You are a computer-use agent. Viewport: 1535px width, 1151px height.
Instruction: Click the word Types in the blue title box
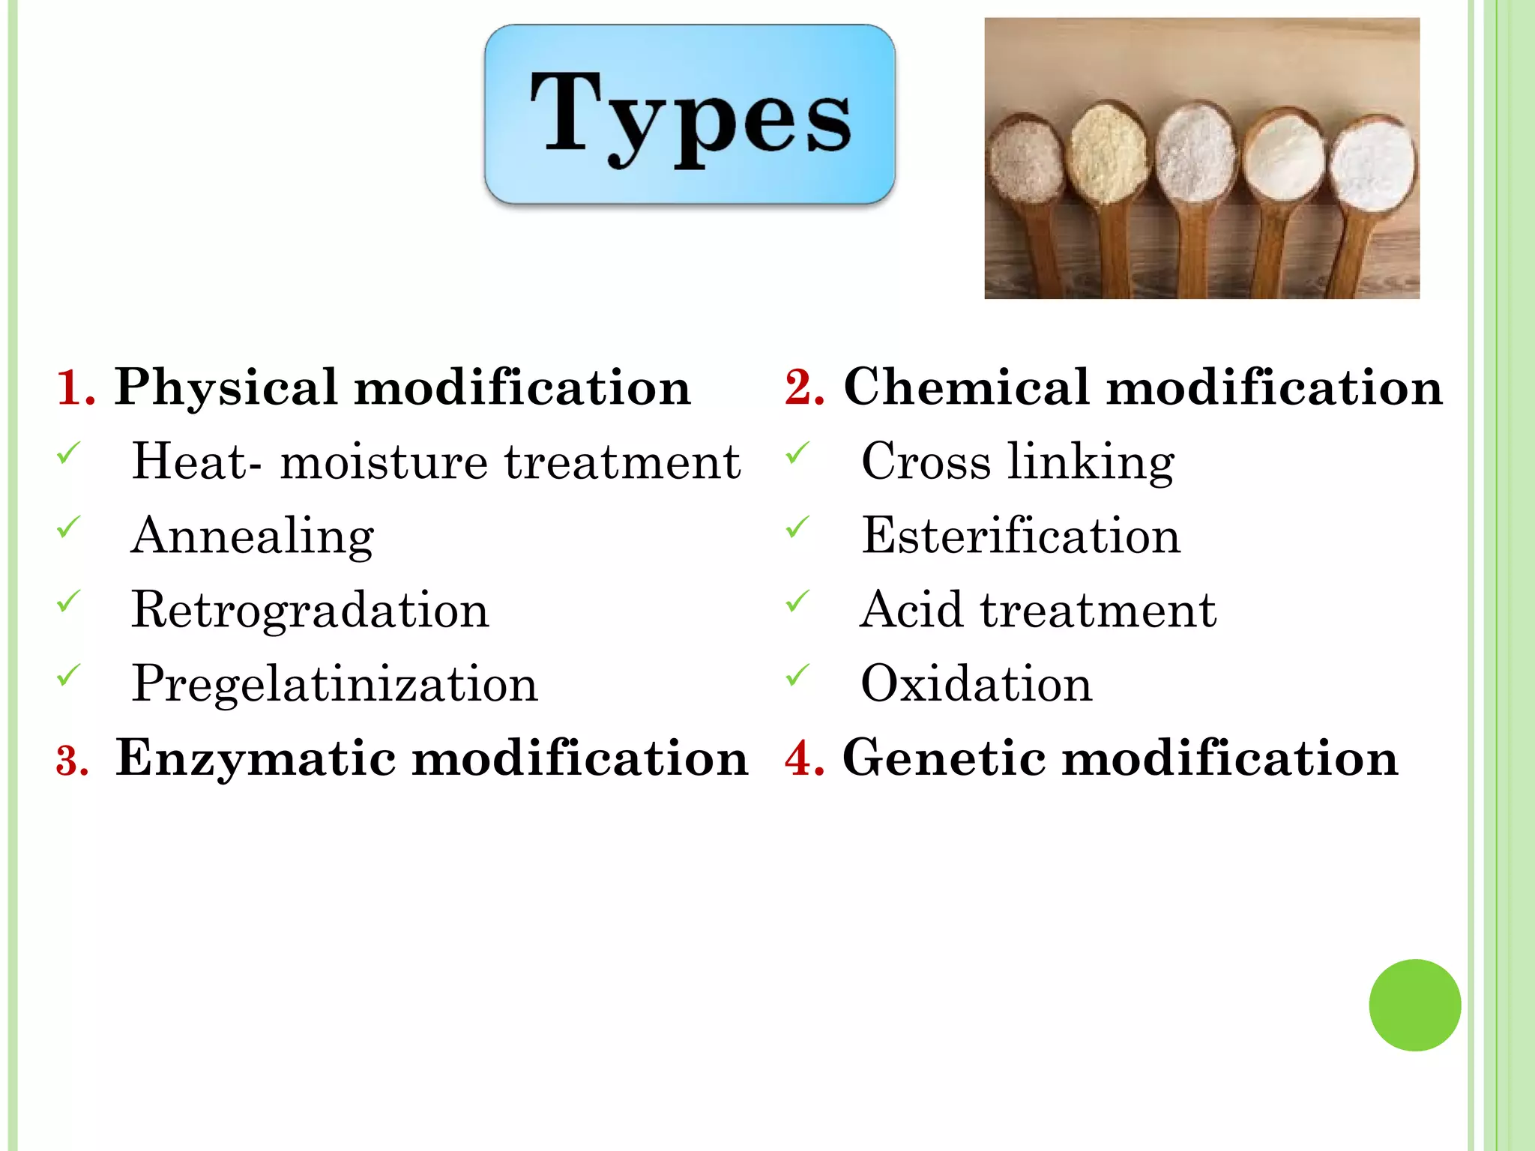(690, 116)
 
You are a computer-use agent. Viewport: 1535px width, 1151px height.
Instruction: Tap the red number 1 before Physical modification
(75, 388)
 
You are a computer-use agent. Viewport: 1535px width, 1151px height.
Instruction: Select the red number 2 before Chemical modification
(803, 388)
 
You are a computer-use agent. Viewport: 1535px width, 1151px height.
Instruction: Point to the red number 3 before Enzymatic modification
(72, 760)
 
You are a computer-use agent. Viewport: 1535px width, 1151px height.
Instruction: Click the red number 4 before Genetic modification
(803, 758)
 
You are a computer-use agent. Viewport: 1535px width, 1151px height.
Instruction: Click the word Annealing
(253, 537)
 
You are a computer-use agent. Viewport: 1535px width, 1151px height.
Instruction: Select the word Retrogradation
(310, 610)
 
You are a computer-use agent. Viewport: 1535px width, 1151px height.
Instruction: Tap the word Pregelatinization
(335, 684)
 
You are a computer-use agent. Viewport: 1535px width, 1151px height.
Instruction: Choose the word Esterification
(1021, 537)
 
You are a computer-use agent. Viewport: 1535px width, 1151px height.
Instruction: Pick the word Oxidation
(977, 683)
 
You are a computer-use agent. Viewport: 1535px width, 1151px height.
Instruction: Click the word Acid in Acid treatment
(911, 610)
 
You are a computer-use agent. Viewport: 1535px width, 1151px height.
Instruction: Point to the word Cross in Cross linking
(926, 462)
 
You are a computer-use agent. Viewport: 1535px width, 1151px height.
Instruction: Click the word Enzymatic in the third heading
(256, 758)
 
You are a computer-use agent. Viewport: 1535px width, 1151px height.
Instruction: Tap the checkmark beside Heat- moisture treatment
(69, 453)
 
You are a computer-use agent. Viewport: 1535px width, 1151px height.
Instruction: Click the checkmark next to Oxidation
(797, 675)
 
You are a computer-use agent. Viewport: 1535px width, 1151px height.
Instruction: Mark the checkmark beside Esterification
(797, 528)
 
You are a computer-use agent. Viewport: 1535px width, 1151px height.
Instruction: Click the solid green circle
(1414, 1005)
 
